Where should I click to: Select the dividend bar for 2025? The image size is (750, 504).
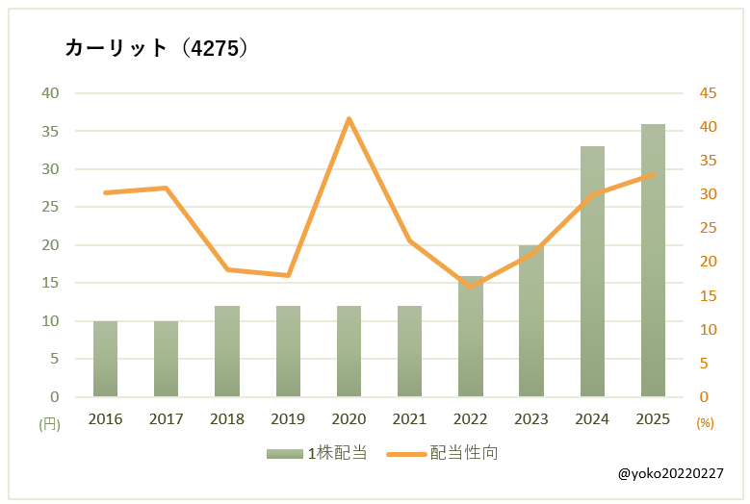[653, 260]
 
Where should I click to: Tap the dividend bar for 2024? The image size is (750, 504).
[592, 271]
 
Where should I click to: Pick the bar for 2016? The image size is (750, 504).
[105, 359]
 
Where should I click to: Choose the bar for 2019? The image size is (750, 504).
[288, 351]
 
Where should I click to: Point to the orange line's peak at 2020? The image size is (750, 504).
[349, 118]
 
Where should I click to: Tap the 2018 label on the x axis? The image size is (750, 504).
[227, 419]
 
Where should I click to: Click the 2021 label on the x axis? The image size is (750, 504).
[409, 419]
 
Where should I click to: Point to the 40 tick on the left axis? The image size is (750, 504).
[49, 93]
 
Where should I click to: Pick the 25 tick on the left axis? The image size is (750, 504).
[49, 207]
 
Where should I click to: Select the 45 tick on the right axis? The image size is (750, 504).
[709, 93]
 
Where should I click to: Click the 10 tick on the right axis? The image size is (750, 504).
[709, 329]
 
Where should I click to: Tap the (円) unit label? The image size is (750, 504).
[49, 423]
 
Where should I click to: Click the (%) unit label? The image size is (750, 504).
[705, 423]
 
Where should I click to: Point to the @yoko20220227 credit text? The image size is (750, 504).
[671, 474]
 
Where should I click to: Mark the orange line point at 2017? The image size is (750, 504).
[166, 188]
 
